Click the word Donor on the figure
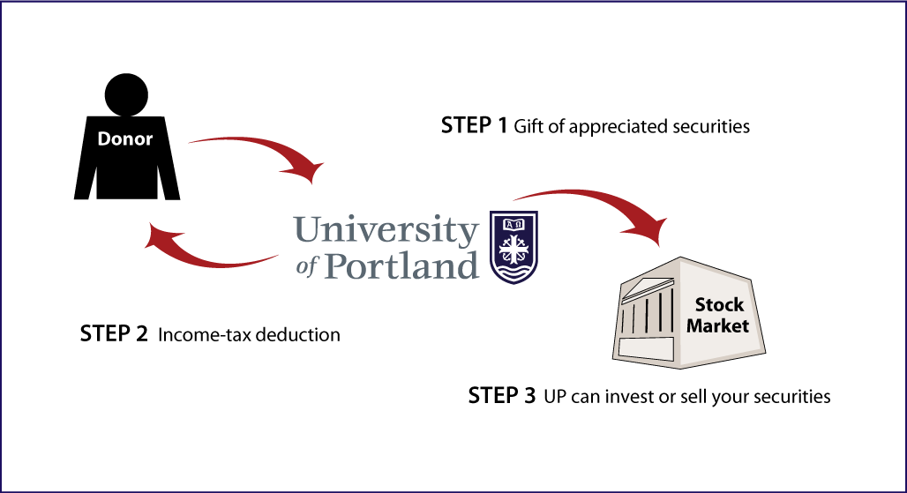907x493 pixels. [125, 138]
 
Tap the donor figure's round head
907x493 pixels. [126, 94]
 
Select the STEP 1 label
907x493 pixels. [474, 125]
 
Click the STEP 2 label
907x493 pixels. [114, 334]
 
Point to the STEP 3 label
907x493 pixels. [502, 396]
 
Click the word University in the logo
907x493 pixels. [386, 230]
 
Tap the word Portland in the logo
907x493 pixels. [401, 265]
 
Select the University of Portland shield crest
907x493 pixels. [513, 247]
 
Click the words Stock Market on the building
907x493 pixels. [718, 315]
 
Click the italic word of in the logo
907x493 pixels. [307, 266]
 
